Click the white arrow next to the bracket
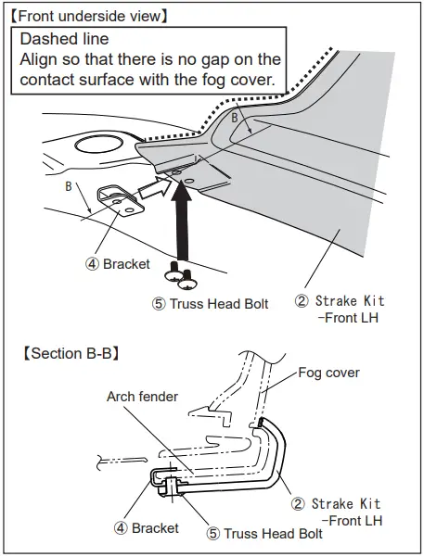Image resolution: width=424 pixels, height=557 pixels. pos(149,190)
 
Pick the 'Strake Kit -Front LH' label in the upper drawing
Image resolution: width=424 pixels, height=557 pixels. pos(340,309)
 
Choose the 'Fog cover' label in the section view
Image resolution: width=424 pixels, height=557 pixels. pos(328,373)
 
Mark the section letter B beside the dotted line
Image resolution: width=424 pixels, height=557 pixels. pos(234,119)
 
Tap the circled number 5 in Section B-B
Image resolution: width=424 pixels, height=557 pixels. pos(212,533)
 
